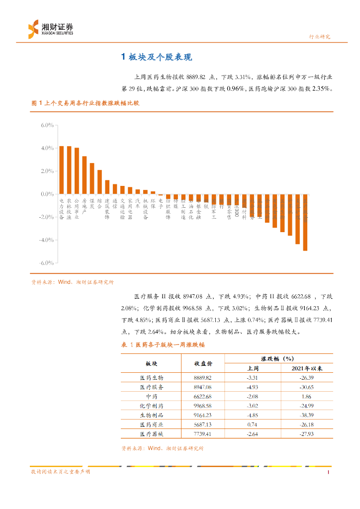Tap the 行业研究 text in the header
tap(319, 37)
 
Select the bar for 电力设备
tap(62, 170)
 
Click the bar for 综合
tap(99, 182)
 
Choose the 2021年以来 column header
tap(307, 368)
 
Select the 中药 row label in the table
tap(151, 396)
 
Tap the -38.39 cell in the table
tap(307, 415)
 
